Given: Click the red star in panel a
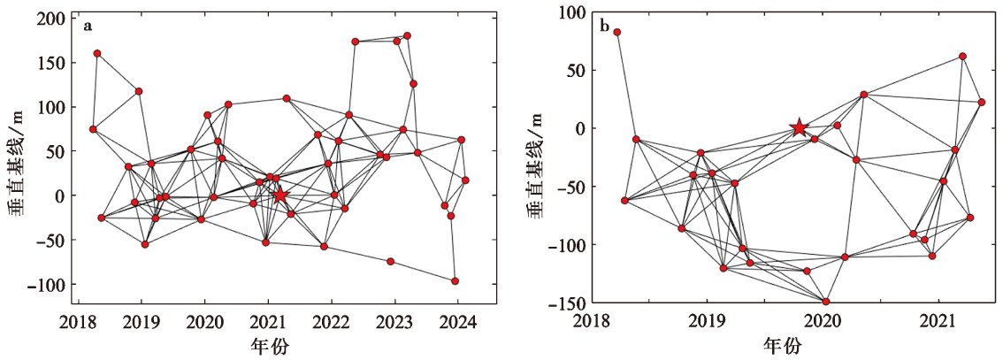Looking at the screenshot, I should (x=280, y=195).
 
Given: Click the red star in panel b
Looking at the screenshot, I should (x=799, y=128).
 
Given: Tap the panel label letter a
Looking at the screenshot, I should (x=88, y=26).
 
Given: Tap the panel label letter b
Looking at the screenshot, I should (x=604, y=26).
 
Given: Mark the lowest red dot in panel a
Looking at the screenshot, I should (x=456, y=281).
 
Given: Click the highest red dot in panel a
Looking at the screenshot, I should (x=407, y=36).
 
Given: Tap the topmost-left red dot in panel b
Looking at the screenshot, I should (x=617, y=33).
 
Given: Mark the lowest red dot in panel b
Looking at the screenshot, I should (x=826, y=302).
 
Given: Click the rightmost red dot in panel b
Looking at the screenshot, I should (x=982, y=103).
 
